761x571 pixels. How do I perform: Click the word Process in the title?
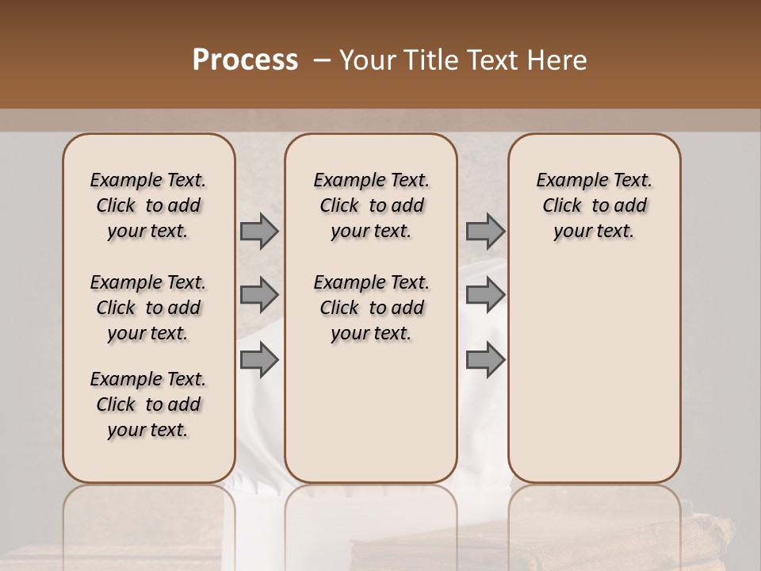click(245, 60)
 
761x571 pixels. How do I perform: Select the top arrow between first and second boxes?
click(259, 231)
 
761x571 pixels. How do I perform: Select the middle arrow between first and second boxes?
click(259, 295)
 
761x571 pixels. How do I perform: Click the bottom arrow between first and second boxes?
click(259, 359)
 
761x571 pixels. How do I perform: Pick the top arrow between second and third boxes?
click(485, 231)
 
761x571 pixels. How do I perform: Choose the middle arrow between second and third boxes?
click(485, 295)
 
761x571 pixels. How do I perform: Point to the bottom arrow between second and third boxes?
click(485, 359)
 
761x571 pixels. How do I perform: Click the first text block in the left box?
click(148, 205)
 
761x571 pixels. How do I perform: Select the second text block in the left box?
click(148, 308)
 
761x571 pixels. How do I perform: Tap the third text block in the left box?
click(148, 404)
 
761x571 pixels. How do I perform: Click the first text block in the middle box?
click(372, 205)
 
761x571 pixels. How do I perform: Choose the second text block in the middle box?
click(372, 308)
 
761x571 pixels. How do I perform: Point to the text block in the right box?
click(595, 205)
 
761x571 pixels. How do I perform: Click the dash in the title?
click(321, 60)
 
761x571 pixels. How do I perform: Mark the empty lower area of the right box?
click(595, 373)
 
